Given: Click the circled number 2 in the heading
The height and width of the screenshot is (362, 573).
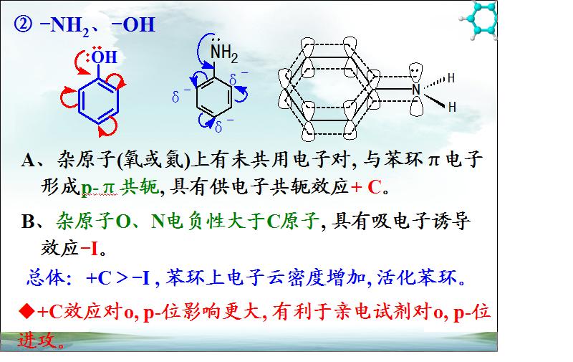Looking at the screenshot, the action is pos(23,25).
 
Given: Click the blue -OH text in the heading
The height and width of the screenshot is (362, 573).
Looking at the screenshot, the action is pos(134,25).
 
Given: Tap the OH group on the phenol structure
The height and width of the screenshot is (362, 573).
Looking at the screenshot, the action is pos(104,57).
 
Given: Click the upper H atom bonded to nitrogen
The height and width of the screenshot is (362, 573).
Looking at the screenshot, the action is pos(451,78).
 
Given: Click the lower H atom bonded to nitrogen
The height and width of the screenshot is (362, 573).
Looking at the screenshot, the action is pos(452,107).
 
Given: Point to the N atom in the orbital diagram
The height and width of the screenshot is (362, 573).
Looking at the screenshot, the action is pos(416,89).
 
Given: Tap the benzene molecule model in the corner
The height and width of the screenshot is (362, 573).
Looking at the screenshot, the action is pos(479,20).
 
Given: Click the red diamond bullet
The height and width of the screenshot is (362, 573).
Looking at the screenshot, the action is pos(27,312).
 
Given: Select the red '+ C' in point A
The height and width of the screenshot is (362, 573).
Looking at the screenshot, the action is pos(366,187).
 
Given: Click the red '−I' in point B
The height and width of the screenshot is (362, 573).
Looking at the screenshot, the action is pos(89,249).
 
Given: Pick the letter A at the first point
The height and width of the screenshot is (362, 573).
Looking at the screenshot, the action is pos(29,160).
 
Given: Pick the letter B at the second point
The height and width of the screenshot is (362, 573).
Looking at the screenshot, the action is pos(28,222).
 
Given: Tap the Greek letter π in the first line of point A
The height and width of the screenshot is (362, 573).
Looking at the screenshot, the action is pos(433,161).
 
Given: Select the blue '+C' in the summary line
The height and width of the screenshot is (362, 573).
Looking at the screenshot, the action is pos(99,279).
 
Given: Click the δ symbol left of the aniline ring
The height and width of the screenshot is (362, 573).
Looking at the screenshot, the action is pos(175,97).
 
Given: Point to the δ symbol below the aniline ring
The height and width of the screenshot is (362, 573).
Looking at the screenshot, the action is pos(218,127).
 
